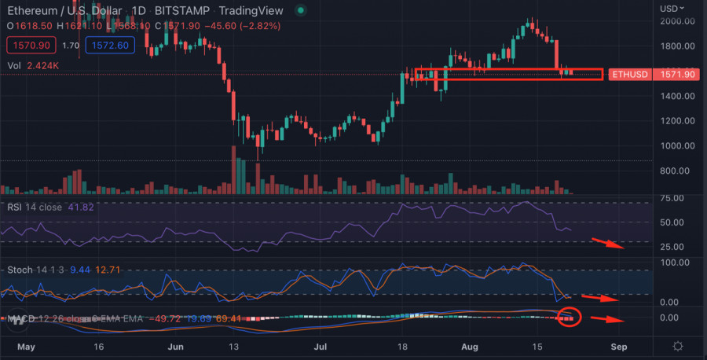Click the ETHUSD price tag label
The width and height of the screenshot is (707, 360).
point(631,75)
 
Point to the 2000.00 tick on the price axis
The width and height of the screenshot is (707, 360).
point(677,21)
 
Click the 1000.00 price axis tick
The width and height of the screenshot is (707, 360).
point(677,145)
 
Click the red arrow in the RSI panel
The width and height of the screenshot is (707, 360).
point(609,244)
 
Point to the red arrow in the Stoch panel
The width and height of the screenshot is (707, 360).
point(606,299)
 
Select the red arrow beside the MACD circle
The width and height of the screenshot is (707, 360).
point(606,320)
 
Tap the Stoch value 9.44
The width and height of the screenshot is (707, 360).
point(80,270)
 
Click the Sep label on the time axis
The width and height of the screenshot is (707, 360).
point(619,346)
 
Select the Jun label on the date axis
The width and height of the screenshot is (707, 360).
point(176,346)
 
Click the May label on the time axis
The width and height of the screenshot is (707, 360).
point(27,346)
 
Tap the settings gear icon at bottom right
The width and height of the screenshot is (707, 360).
point(678,346)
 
